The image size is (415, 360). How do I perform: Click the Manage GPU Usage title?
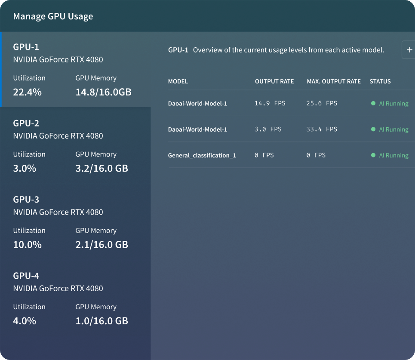[53, 16]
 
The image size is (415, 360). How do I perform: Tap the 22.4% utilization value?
[27, 92]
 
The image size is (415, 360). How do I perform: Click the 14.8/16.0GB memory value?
[103, 92]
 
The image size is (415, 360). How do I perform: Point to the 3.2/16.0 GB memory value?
[101, 168]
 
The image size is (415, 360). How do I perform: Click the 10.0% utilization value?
[27, 245]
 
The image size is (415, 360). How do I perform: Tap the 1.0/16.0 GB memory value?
[101, 321]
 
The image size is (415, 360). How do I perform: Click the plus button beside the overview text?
[409, 50]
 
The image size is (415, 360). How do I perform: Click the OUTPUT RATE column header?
[274, 81]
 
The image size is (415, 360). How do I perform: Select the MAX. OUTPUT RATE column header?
[334, 81]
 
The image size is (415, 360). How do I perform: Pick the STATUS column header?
[380, 81]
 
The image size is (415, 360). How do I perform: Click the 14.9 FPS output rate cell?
[270, 103]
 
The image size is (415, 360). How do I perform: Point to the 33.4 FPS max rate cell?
[322, 129]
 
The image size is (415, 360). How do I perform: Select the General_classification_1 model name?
[202, 155]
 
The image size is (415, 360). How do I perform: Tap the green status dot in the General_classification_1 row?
[373, 155]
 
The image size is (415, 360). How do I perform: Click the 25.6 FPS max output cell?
[322, 103]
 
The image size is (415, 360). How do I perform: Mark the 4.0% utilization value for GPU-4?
[25, 321]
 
